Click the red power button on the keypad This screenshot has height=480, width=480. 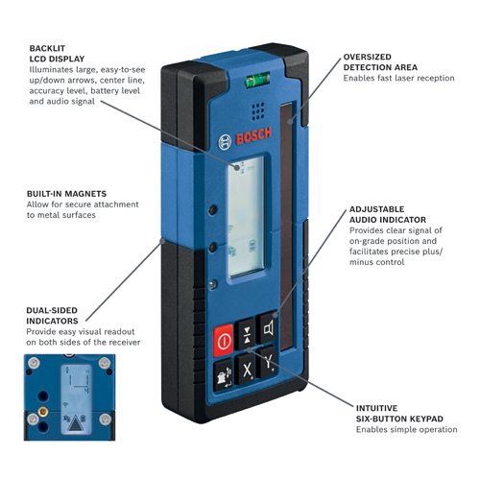pos(224,340)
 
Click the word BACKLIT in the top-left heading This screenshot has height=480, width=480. pos(47,47)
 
